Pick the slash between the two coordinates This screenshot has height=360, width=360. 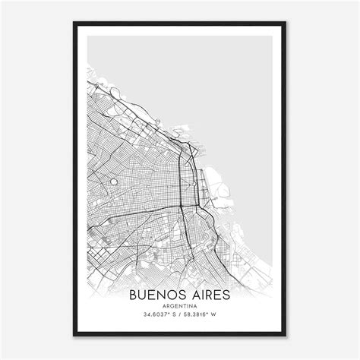click(178, 313)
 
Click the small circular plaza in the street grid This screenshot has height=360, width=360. click(114, 182)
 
